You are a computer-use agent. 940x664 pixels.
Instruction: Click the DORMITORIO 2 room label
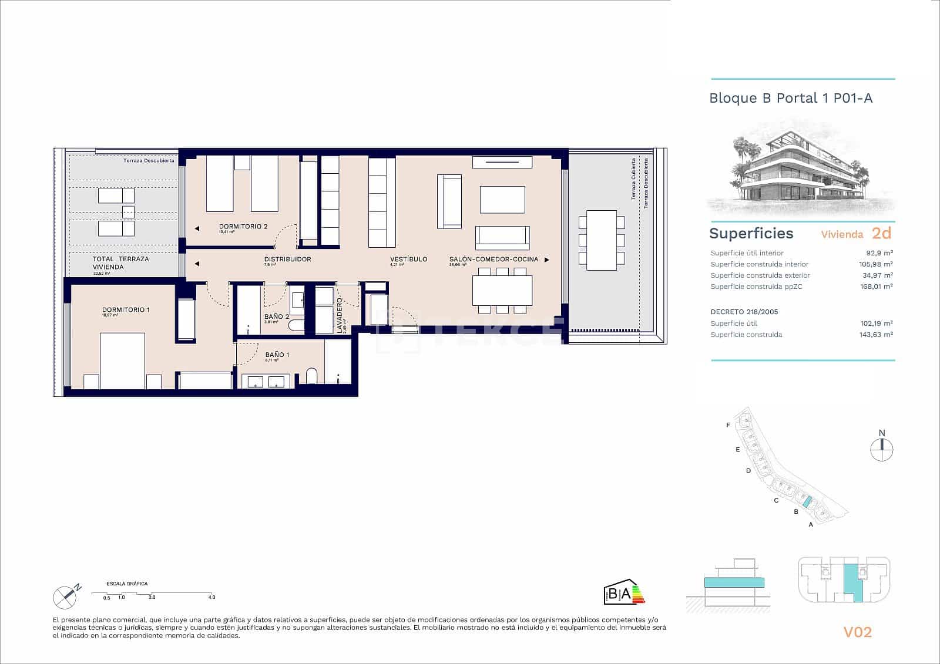point(243,227)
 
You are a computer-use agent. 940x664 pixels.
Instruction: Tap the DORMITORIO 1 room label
point(126,310)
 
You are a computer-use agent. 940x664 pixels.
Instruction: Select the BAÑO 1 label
point(277,355)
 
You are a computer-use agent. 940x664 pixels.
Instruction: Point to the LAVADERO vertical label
point(340,316)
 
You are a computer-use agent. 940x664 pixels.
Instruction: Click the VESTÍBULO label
point(408,259)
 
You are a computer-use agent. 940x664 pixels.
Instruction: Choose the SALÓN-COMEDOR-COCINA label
point(493,259)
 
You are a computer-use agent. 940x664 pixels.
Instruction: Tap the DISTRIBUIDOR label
point(287,259)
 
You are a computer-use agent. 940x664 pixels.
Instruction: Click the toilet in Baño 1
point(311,376)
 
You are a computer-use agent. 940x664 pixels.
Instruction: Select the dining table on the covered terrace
point(602,240)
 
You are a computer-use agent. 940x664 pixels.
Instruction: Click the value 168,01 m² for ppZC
point(876,287)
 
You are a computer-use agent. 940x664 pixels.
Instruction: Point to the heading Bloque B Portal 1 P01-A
point(791,98)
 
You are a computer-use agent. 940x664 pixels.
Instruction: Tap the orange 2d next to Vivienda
point(881,233)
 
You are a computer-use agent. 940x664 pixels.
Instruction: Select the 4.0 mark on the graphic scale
point(211,597)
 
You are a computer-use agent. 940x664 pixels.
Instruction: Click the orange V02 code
point(857,632)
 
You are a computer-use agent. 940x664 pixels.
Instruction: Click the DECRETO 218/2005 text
point(744,312)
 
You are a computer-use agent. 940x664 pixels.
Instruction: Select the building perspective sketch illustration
point(801,167)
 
